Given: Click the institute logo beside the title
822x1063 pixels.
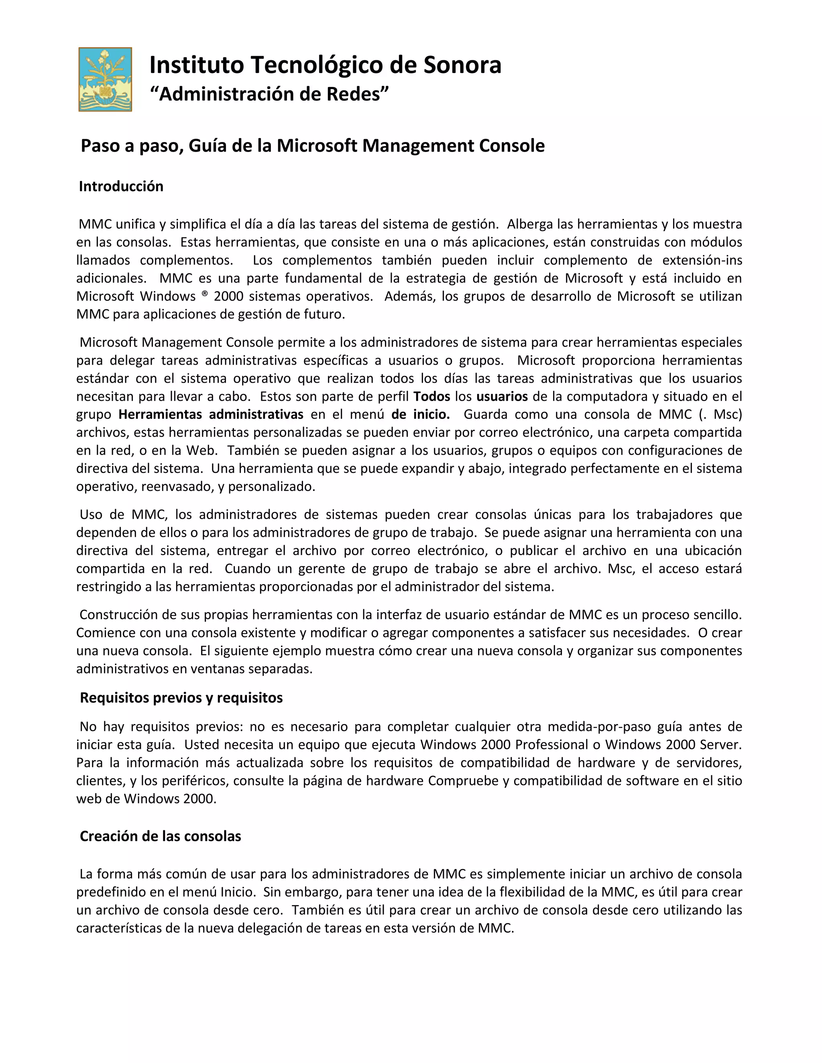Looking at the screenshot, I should tap(105, 79).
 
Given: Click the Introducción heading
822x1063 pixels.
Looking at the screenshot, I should tap(121, 187).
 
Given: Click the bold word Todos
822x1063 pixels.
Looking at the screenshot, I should tap(431, 396).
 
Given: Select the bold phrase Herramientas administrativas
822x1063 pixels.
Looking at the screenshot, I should tap(211, 414).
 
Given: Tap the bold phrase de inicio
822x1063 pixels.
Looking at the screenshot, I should tap(420, 414).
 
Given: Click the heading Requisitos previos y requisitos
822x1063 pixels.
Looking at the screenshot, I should tap(181, 698).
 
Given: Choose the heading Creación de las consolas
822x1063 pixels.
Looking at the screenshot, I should tap(160, 836).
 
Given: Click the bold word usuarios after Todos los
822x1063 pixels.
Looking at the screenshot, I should tap(502, 396).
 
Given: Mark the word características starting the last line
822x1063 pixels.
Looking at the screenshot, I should tap(119, 928).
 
